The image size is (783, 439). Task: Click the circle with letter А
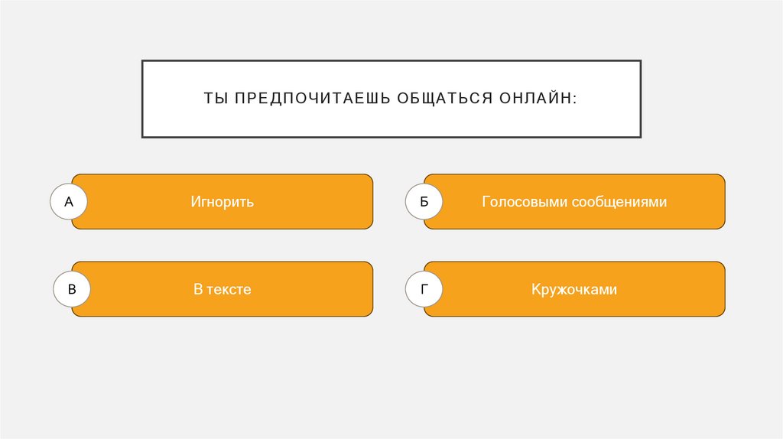(x=69, y=202)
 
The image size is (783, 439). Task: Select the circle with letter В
(x=72, y=290)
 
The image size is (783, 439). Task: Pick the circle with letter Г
(x=424, y=290)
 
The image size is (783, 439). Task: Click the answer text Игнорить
(x=222, y=202)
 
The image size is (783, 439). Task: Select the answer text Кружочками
(x=574, y=290)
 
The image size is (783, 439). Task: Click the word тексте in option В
(x=229, y=290)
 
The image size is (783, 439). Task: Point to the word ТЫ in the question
(x=215, y=100)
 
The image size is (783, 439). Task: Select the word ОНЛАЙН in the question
(x=534, y=100)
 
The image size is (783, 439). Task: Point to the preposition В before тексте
(x=197, y=290)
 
